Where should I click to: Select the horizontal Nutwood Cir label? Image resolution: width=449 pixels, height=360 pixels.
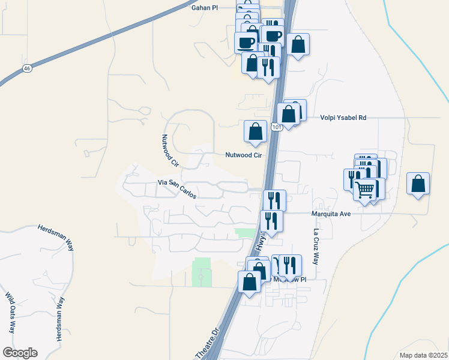(244, 155)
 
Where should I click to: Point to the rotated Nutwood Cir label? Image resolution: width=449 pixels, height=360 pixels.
(170, 150)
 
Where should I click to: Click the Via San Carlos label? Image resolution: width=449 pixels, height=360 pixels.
(177, 182)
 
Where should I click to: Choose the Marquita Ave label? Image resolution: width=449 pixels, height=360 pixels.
(330, 213)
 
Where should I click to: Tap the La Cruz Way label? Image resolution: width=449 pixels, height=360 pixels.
(315, 247)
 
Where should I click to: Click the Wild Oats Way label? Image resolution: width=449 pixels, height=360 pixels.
(10, 313)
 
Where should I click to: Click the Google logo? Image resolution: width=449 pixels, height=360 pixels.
(20, 353)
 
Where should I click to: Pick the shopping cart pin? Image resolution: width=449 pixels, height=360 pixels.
(366, 190)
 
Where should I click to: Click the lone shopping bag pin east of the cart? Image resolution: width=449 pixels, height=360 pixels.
(418, 184)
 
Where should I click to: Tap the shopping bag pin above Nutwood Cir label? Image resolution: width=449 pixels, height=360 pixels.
(255, 131)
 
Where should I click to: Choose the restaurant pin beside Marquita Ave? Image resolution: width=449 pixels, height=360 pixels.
(271, 220)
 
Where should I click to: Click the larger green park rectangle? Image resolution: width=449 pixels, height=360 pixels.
(202, 271)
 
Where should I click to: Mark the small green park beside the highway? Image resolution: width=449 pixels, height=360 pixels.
(244, 233)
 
